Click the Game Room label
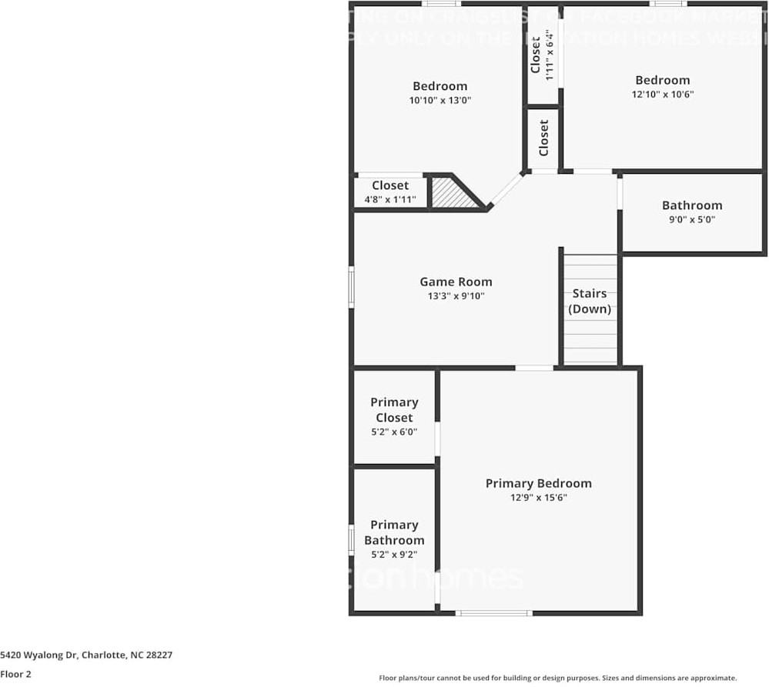[x=456, y=282]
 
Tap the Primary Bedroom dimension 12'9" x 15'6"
[x=538, y=498]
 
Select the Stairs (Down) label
[x=590, y=301]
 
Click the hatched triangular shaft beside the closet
[x=450, y=194]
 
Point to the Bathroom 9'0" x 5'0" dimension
[x=691, y=219]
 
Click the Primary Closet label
[x=394, y=409]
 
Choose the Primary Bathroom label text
[x=394, y=532]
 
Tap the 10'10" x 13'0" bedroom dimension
[x=440, y=101]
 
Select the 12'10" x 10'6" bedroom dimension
[x=662, y=95]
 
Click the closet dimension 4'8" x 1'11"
[x=390, y=200]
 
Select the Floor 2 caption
[x=15, y=674]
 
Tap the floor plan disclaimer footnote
[x=558, y=678]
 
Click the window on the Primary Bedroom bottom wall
[x=493, y=613]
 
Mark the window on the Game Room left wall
[x=352, y=287]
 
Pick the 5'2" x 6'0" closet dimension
[x=394, y=432]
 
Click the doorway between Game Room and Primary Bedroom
[x=534, y=368]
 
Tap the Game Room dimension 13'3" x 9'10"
[x=456, y=296]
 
